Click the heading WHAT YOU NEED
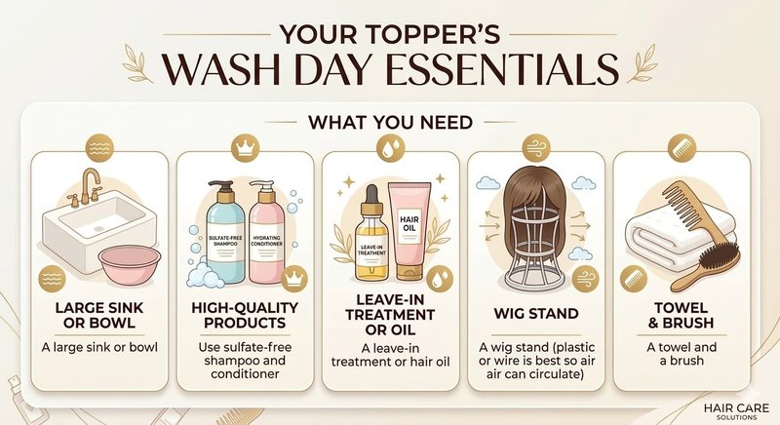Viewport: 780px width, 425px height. [x=390, y=125]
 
